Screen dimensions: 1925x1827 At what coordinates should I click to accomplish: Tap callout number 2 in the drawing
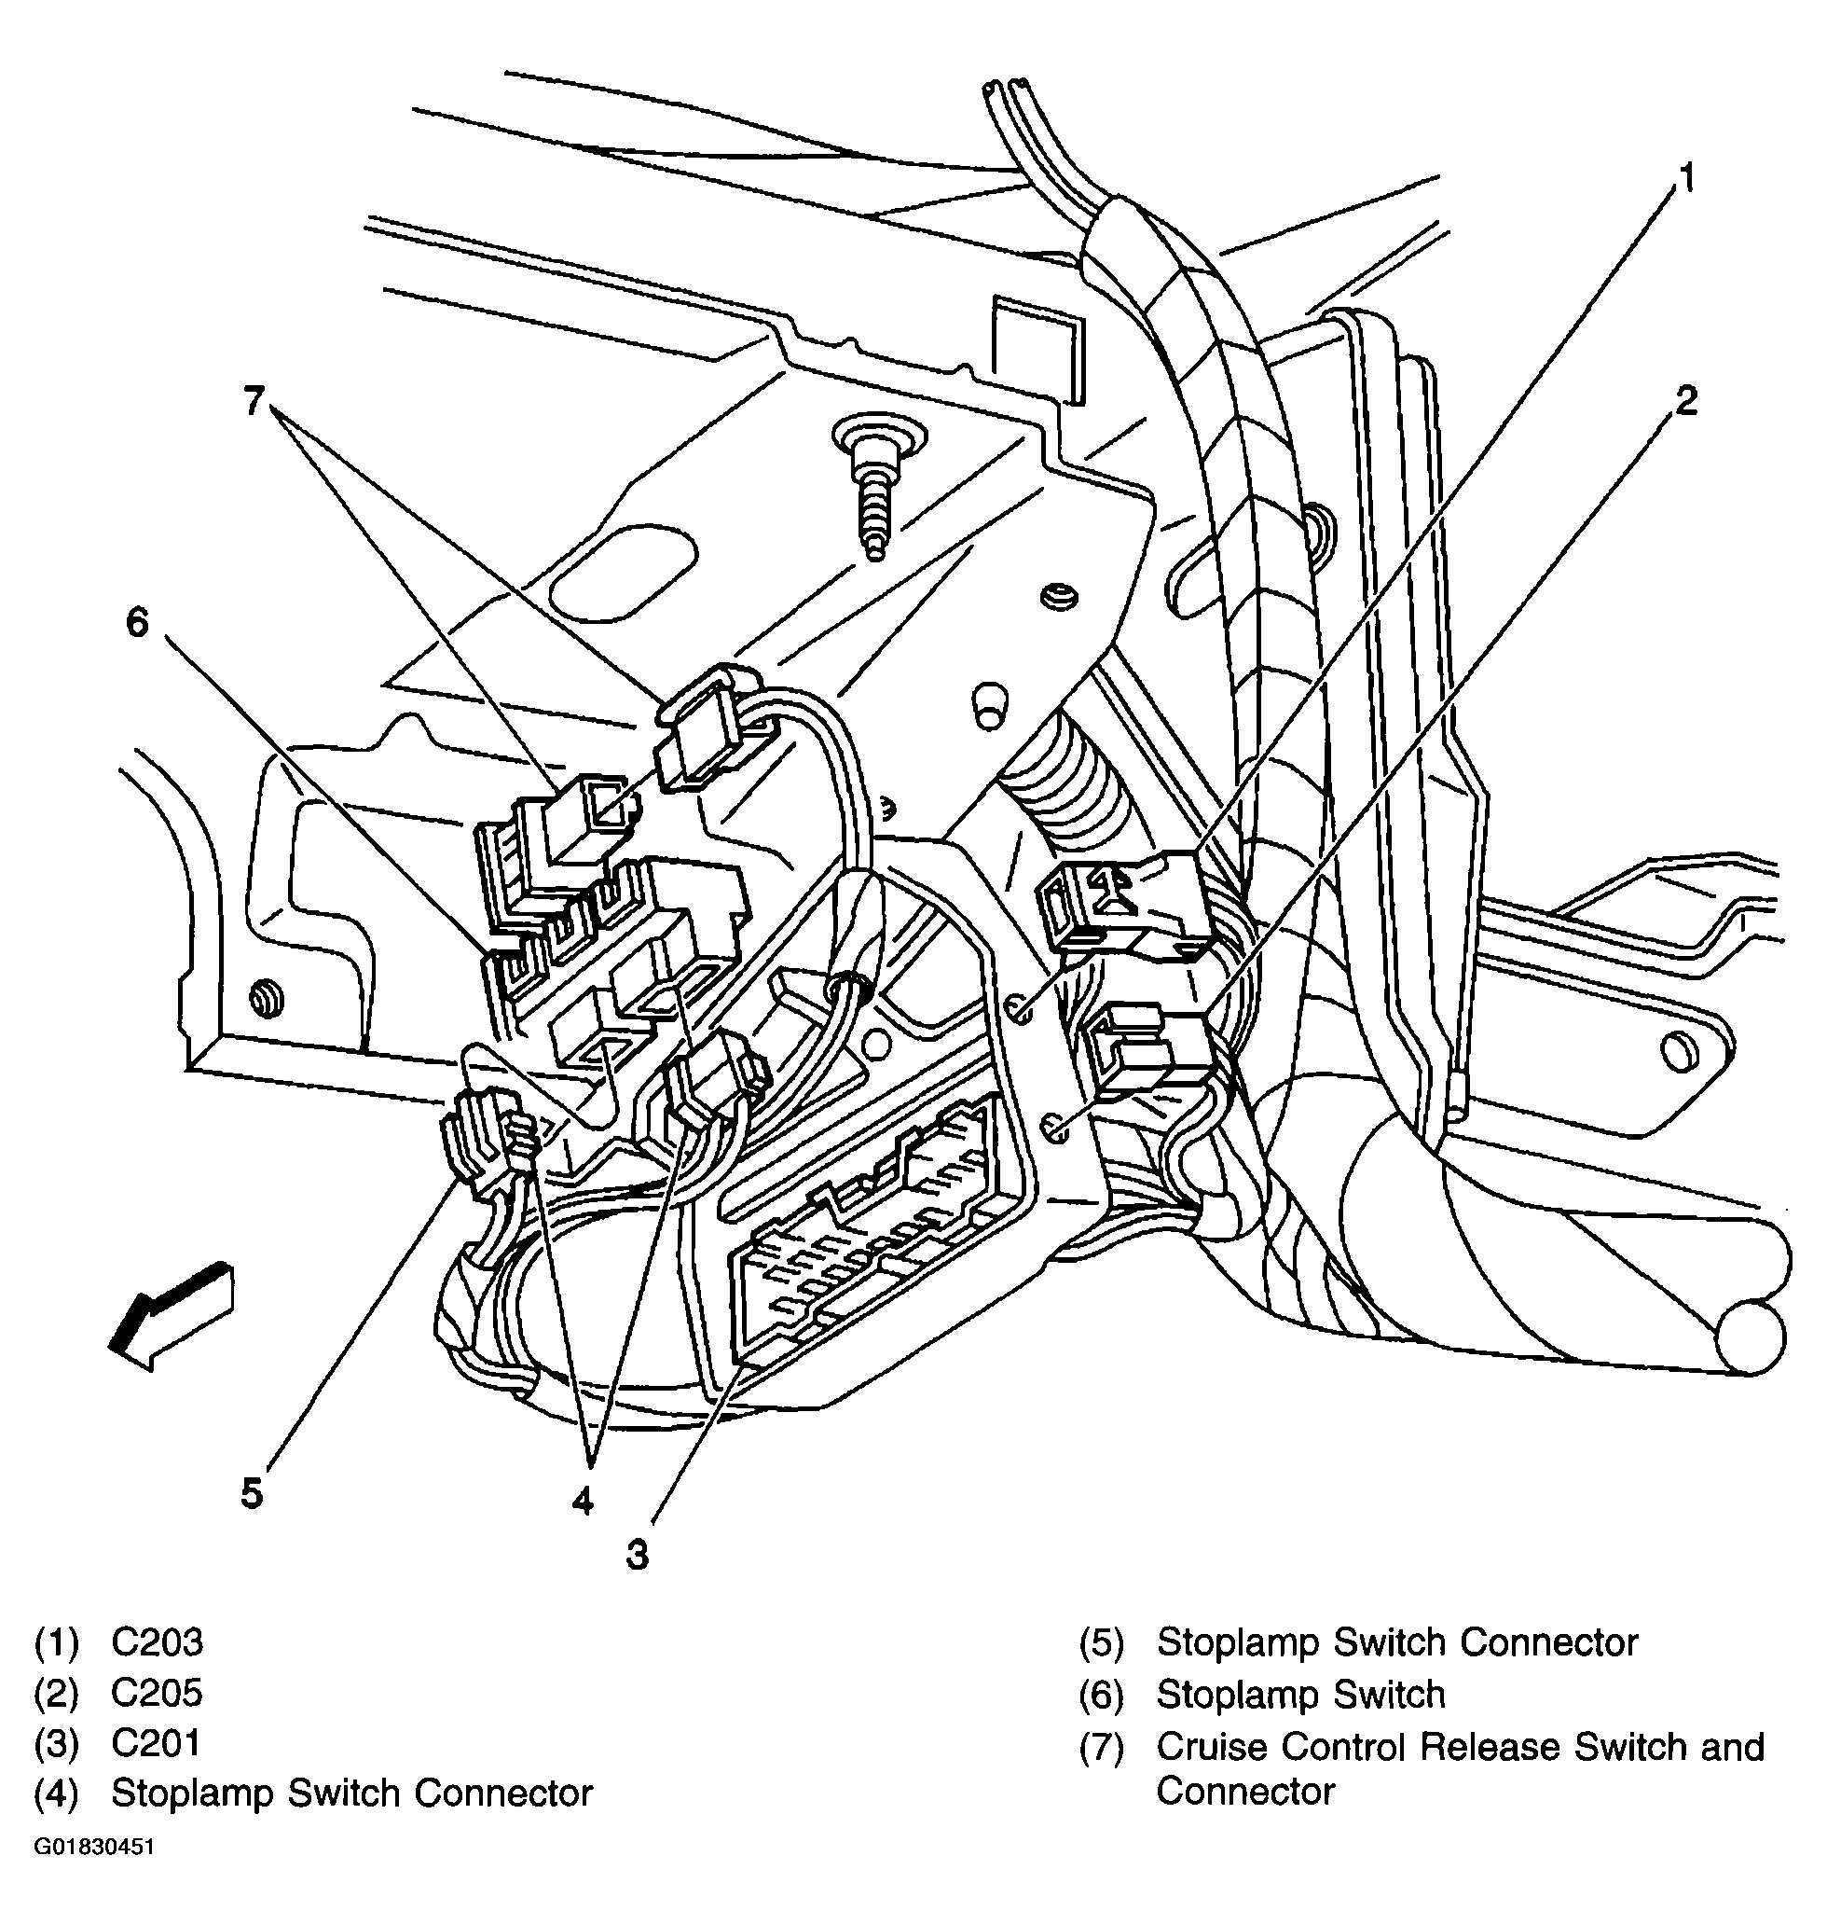tap(1686, 399)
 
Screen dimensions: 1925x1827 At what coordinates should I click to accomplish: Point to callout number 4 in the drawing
tap(583, 1502)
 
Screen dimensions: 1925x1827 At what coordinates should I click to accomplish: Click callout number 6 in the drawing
tap(137, 621)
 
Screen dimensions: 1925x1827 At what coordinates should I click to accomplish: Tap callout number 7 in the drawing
tap(254, 400)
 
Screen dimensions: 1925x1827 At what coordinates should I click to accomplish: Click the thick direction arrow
tap(171, 1315)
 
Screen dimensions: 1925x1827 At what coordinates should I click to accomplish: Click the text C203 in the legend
tap(157, 1642)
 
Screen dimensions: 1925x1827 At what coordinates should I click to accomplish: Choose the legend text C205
tap(157, 1693)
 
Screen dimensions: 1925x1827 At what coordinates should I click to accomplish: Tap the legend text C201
tap(156, 1743)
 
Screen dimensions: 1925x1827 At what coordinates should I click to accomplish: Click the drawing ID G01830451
tap(93, 1847)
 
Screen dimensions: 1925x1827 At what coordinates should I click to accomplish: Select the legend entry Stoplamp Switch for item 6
tap(1300, 1695)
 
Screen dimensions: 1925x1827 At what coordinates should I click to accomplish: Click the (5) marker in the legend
tap(1101, 1643)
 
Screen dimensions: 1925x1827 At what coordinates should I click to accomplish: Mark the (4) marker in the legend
tap(57, 1793)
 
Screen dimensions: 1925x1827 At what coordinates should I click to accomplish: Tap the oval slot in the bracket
tap(624, 573)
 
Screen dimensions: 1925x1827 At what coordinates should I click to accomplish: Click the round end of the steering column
tap(1750, 1336)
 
